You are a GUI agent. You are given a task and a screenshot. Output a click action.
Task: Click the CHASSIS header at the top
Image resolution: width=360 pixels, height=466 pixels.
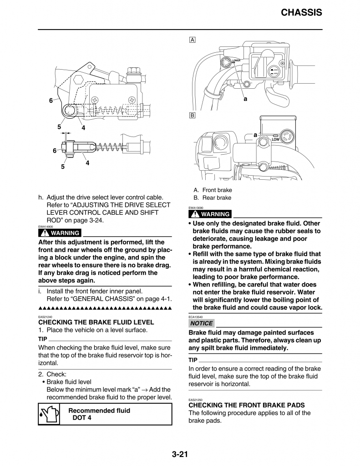coord(301,12)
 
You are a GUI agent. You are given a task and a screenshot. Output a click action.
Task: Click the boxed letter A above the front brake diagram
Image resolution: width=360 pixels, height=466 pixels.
coord(193,40)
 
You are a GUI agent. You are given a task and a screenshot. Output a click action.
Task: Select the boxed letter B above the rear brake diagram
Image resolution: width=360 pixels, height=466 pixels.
coord(193,116)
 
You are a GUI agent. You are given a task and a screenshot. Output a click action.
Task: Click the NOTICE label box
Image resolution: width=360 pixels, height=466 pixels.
coord(201,323)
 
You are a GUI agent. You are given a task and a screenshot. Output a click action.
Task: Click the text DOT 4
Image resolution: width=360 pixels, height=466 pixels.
coord(82,418)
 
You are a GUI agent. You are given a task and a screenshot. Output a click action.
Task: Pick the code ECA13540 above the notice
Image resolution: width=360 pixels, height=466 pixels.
coord(196,317)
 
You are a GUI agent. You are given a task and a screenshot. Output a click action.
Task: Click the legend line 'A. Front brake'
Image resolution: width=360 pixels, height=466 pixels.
coord(213,190)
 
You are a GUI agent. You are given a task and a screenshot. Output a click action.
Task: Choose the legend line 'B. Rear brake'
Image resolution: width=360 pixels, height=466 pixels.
coord(212,198)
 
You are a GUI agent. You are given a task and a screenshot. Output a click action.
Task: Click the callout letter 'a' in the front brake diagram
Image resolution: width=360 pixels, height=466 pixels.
coord(245,98)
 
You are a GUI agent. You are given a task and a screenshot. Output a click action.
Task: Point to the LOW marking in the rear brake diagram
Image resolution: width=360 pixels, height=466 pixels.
coord(275,140)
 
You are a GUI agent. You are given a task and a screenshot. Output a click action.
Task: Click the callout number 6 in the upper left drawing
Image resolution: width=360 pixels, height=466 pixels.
coord(51,101)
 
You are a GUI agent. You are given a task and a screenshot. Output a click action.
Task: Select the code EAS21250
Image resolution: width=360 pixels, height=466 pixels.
coord(196,400)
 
